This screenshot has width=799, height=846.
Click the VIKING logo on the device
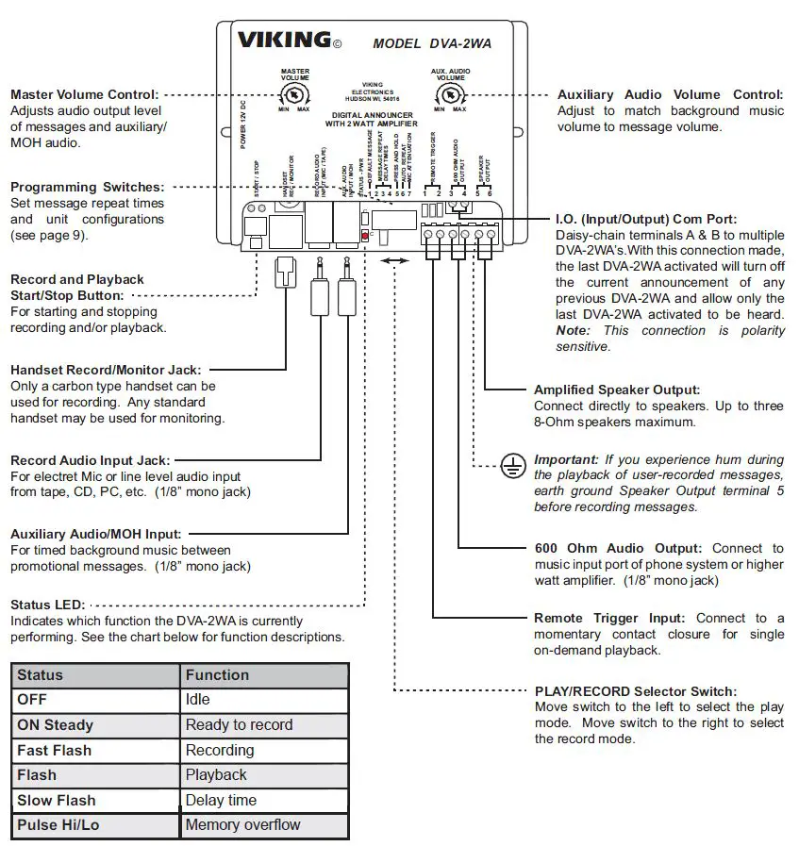[283, 41]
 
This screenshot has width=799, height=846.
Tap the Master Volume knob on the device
[294, 95]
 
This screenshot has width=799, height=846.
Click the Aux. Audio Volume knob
[450, 95]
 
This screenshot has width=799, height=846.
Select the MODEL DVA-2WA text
[431, 43]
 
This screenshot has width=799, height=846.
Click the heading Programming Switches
[87, 187]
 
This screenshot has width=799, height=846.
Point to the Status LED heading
[47, 604]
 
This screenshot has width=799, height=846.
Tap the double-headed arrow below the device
[395, 267]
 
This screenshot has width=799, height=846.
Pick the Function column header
[217, 675]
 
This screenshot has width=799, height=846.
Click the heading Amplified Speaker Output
[617, 390]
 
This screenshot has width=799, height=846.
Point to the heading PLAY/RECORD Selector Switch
[636, 691]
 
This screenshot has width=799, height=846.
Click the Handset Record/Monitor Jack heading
[105, 370]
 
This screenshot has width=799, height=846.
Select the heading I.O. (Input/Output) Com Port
[647, 219]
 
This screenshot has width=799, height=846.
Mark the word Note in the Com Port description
[573, 331]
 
